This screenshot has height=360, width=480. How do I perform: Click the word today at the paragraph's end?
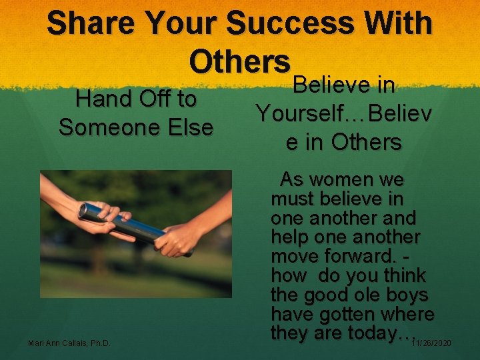tap(376, 333)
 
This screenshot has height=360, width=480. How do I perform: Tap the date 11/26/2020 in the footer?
tap(431, 343)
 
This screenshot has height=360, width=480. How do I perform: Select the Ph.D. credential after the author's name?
tap(99, 343)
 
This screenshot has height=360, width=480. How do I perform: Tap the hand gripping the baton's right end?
tap(174, 239)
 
